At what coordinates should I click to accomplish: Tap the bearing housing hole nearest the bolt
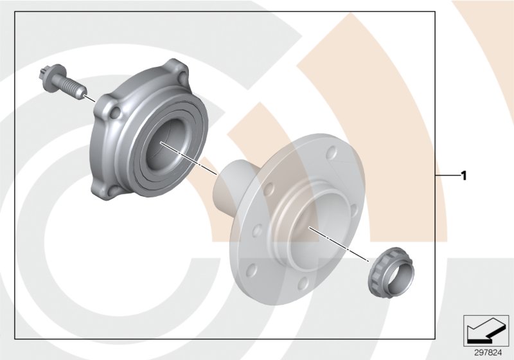116,114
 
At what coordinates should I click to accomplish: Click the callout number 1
464,175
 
